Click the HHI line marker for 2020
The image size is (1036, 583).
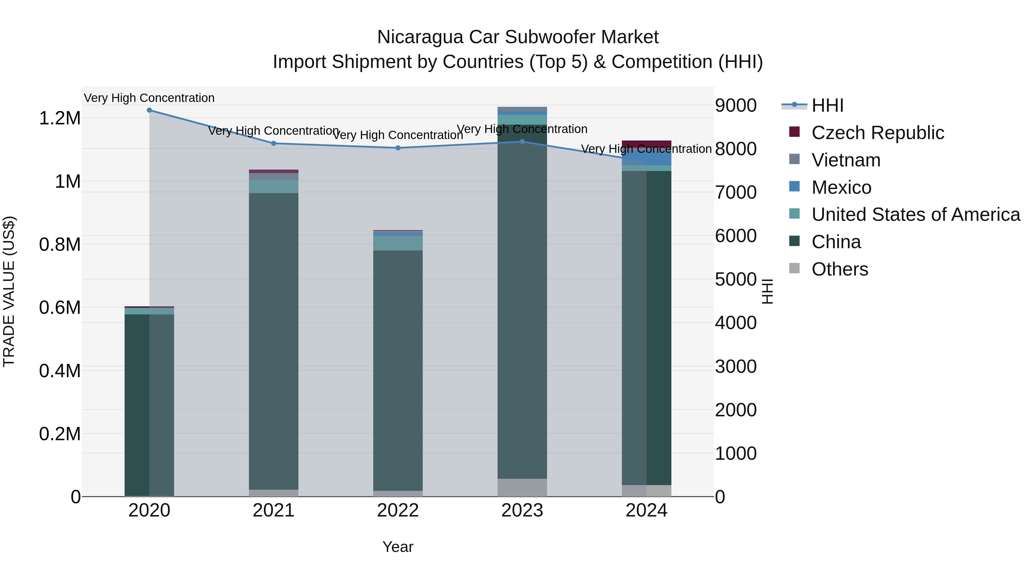(x=149, y=110)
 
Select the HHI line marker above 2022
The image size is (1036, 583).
(x=398, y=148)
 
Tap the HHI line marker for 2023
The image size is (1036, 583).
(x=522, y=142)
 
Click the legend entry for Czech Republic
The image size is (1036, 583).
(x=877, y=133)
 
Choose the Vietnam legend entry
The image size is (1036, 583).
(x=846, y=160)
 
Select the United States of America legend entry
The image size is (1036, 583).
(x=915, y=214)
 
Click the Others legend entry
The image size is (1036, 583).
(x=839, y=269)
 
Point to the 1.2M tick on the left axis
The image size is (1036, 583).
(x=60, y=118)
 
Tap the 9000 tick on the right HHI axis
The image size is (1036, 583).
(x=736, y=105)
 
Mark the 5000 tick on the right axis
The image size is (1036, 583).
(x=736, y=279)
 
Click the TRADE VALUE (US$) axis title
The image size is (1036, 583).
(x=9, y=292)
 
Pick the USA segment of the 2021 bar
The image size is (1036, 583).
(x=273, y=186)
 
